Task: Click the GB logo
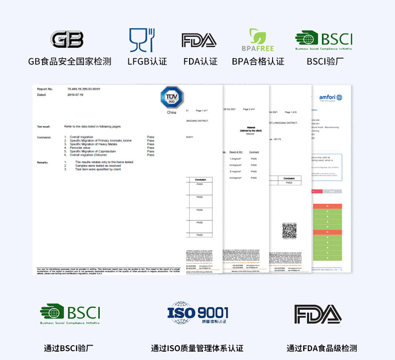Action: (x=67, y=40)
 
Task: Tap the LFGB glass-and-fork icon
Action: (x=142, y=40)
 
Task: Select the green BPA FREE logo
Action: (x=258, y=40)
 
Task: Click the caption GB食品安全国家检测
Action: (x=70, y=62)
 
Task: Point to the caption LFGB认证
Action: (x=147, y=62)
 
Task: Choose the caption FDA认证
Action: (x=200, y=62)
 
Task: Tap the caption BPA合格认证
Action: (x=258, y=62)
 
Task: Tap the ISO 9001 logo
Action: (x=197, y=313)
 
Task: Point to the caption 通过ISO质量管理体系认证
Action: (x=197, y=348)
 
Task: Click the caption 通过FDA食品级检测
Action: (x=321, y=348)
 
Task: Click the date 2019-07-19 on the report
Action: (x=75, y=95)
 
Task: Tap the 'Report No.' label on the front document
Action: (x=45, y=89)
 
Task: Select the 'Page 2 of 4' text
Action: (x=249, y=109)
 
